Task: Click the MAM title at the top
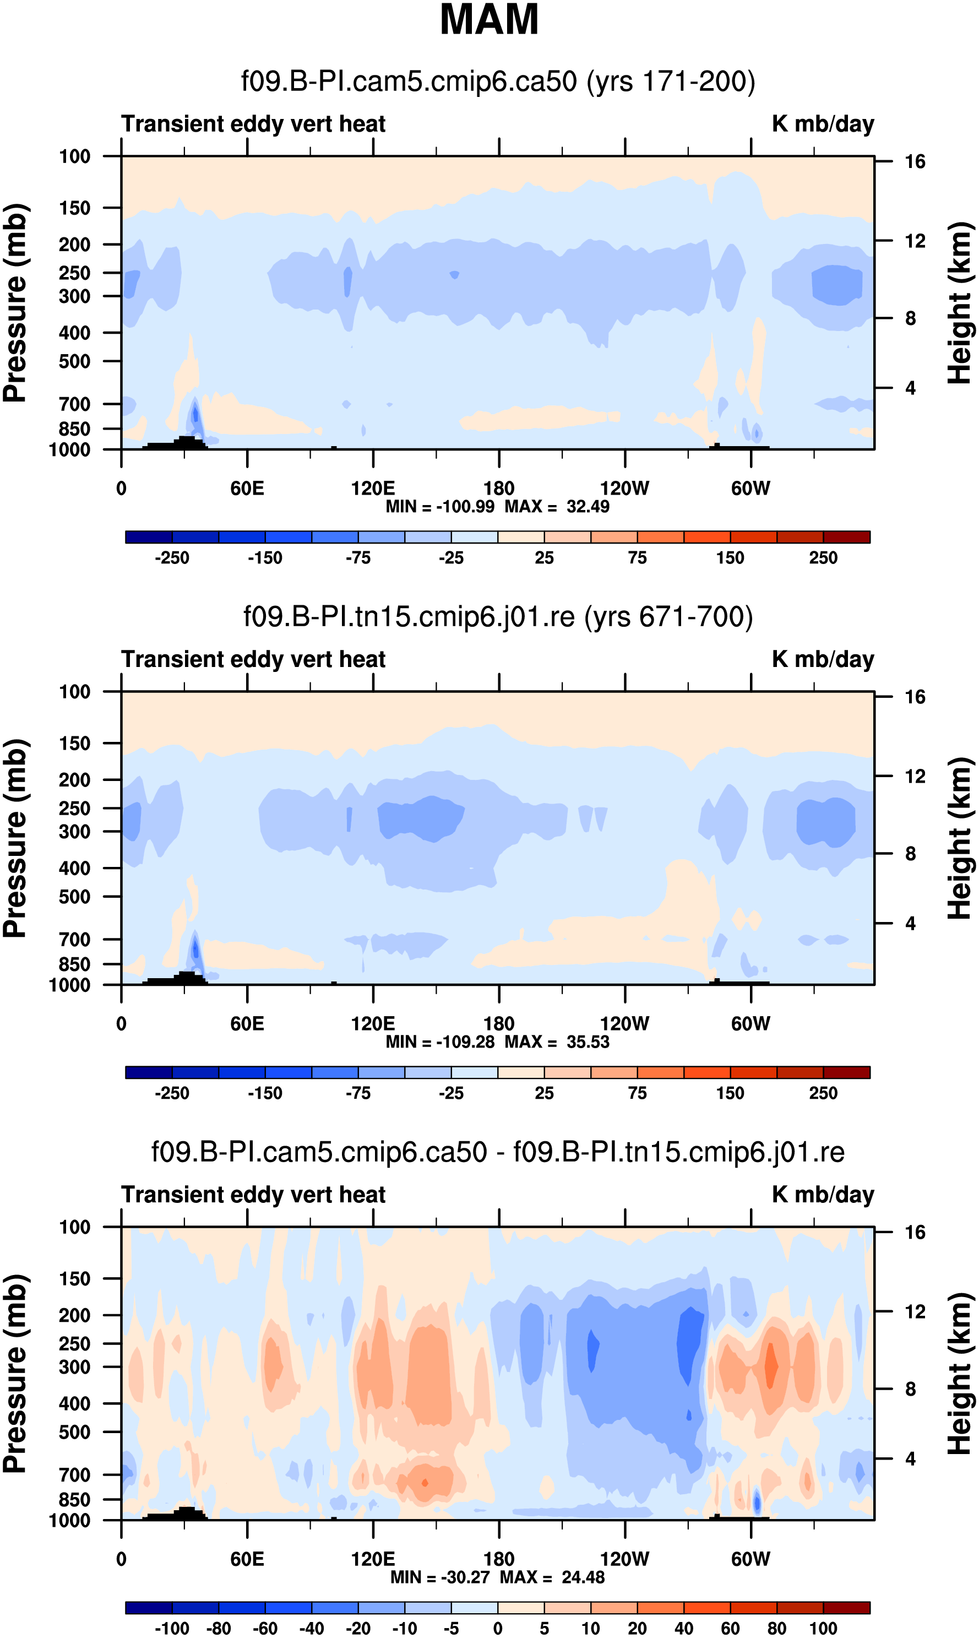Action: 489,20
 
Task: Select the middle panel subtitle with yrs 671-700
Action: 498,617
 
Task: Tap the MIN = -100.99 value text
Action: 440,507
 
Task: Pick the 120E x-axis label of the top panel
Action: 373,489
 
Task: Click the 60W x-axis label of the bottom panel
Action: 750,1559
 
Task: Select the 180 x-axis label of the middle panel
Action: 499,1024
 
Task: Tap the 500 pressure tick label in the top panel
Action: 74,361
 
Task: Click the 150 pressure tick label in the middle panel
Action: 74,744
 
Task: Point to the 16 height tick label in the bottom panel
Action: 915,1232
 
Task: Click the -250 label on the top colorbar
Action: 172,558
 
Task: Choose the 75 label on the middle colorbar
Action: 637,1093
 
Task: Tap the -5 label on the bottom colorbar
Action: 452,1629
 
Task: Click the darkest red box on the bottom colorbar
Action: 846,1608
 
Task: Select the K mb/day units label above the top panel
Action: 823,124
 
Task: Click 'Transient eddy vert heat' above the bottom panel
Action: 253,1195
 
